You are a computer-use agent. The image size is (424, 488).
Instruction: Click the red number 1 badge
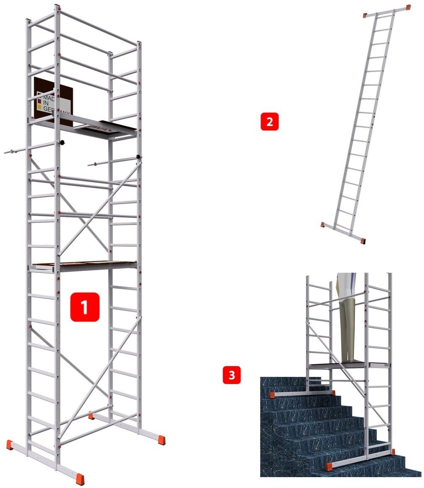tap(85, 307)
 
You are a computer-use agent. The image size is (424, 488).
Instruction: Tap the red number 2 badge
tap(269, 122)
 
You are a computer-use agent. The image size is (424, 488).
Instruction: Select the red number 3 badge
tap(231, 375)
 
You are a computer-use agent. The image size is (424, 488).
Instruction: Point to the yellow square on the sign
tap(40, 108)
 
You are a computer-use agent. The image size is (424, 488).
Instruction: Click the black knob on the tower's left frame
tap(62, 143)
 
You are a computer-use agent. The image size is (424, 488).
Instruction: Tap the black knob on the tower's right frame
tap(139, 158)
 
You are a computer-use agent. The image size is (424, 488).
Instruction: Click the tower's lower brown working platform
tap(84, 265)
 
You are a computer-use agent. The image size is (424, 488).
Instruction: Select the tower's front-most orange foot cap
tap(80, 479)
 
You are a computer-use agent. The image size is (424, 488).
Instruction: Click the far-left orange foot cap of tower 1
tap(10, 444)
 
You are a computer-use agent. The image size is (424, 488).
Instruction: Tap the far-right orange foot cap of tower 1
tap(161, 440)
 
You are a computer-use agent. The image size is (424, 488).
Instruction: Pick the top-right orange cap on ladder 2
tap(408, 8)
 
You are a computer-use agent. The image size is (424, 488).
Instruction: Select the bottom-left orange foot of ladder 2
tap(323, 224)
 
